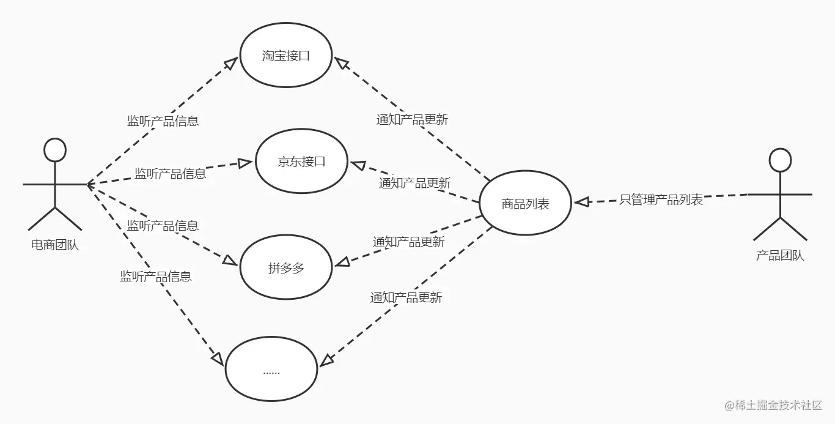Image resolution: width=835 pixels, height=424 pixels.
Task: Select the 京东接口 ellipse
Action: click(x=301, y=162)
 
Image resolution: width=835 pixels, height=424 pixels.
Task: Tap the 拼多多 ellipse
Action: click(x=286, y=268)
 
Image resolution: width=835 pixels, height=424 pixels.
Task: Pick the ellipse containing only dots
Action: click(x=271, y=370)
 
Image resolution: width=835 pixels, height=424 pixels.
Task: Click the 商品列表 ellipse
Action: click(x=526, y=204)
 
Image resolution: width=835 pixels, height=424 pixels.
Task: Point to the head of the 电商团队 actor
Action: click(x=55, y=150)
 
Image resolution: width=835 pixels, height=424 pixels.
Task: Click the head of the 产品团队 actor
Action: click(x=780, y=160)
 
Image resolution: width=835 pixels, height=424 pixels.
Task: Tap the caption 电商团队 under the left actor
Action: click(x=55, y=246)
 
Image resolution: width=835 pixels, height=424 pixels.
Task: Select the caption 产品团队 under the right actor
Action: click(x=780, y=256)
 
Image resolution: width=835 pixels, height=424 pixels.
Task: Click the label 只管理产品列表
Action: click(x=661, y=199)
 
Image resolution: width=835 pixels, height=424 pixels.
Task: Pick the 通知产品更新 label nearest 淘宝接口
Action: click(x=412, y=120)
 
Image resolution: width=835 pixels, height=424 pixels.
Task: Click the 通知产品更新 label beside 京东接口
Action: click(x=414, y=183)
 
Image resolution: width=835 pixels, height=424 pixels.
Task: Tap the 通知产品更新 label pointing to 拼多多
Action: click(x=408, y=242)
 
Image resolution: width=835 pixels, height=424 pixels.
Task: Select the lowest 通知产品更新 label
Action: click(x=406, y=298)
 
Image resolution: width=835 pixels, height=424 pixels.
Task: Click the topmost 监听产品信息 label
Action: click(x=163, y=121)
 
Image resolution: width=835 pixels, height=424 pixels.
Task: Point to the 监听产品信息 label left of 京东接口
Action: click(x=171, y=174)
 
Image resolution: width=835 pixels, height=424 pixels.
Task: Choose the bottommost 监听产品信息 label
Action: click(x=155, y=277)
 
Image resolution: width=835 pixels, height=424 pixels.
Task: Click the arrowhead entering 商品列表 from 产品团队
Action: click(x=581, y=201)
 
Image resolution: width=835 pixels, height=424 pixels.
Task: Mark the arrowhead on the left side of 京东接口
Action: click(x=246, y=163)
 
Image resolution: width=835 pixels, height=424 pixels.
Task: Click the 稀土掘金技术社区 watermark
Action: click(x=773, y=405)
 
